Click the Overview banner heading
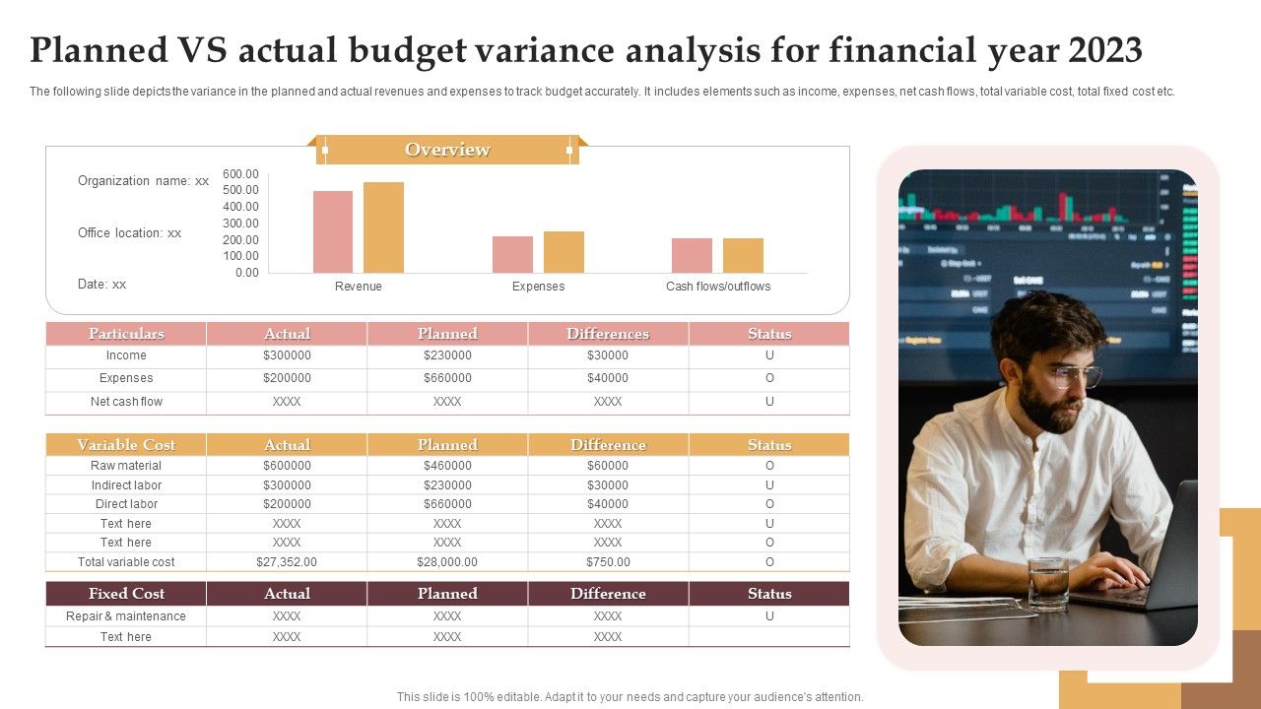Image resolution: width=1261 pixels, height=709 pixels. pyautogui.click(x=447, y=150)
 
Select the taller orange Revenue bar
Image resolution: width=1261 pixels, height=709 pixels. pyautogui.click(x=383, y=227)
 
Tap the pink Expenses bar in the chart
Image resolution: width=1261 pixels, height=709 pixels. pyautogui.click(x=512, y=254)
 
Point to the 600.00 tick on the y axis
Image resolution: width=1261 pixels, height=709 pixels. pyautogui.click(x=240, y=173)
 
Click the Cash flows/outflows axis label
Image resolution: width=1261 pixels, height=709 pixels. pyautogui.click(x=718, y=287)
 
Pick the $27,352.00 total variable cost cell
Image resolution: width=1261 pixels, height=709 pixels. pyautogui.click(x=287, y=562)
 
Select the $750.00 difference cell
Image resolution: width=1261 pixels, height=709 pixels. pyautogui.click(x=608, y=562)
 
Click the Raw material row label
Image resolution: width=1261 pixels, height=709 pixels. pyautogui.click(x=126, y=466)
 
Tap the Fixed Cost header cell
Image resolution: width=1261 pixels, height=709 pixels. pyautogui.click(x=126, y=594)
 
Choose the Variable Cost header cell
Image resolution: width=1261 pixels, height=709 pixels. pyautogui.click(x=126, y=445)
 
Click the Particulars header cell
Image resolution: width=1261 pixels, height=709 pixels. pyautogui.click(x=126, y=334)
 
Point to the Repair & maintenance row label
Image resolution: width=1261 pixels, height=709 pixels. pyautogui.click(x=126, y=616)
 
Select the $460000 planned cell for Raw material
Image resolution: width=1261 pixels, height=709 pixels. pyautogui.click(x=447, y=466)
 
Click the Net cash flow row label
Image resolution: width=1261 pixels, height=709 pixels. pyautogui.click(x=126, y=402)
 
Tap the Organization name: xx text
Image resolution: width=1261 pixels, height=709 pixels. pyautogui.click(x=143, y=181)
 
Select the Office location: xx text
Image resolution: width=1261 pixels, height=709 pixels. pyautogui.click(x=130, y=233)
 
